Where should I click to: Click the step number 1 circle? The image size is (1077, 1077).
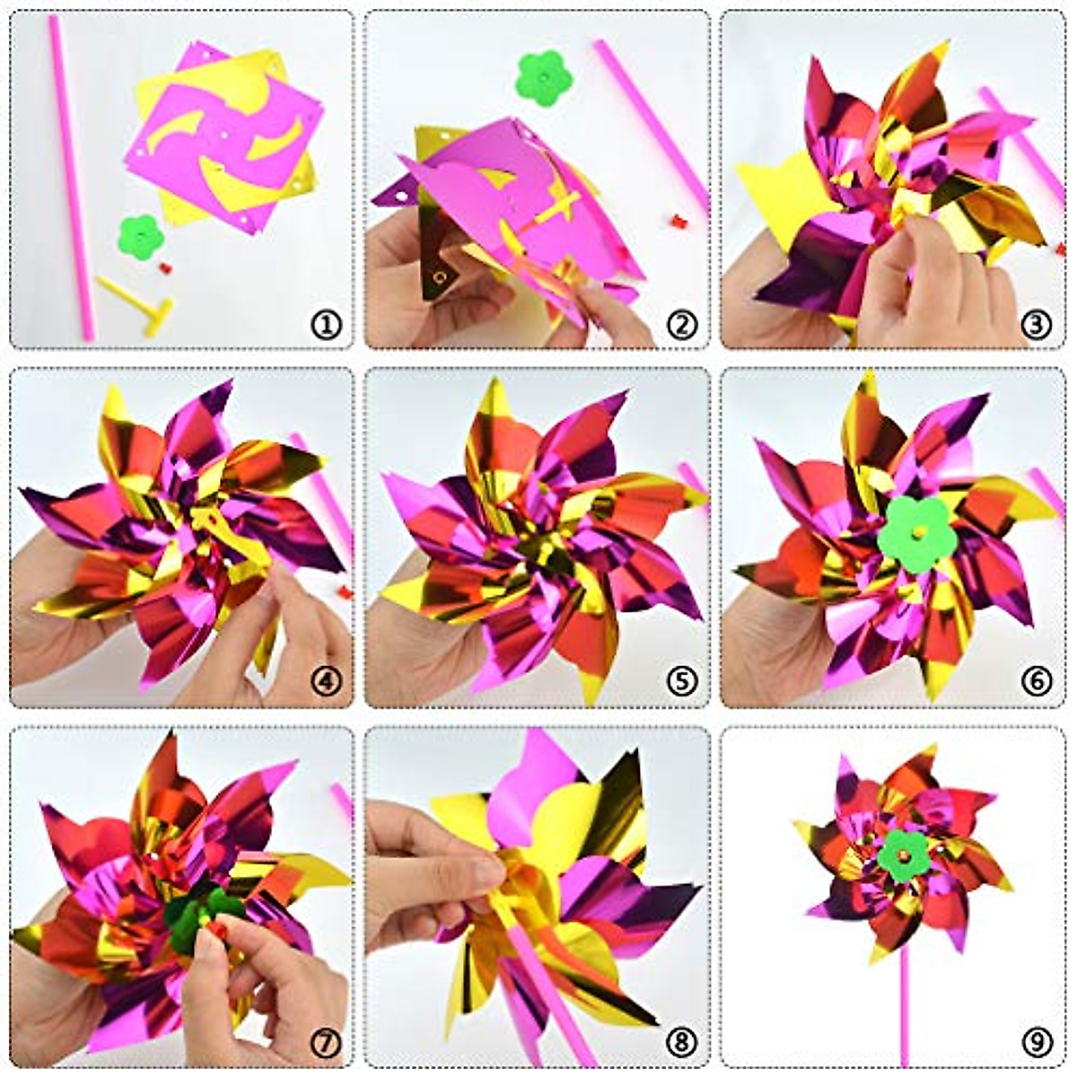327,325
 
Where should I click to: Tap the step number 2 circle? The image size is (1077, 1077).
682,325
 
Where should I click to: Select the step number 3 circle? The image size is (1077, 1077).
1037,325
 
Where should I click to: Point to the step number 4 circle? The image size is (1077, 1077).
327,681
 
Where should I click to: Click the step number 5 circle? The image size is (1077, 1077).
682,681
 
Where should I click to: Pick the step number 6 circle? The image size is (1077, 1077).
1037,681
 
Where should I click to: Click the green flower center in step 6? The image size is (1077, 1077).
917,532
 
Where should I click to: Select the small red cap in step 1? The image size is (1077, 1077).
164,267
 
